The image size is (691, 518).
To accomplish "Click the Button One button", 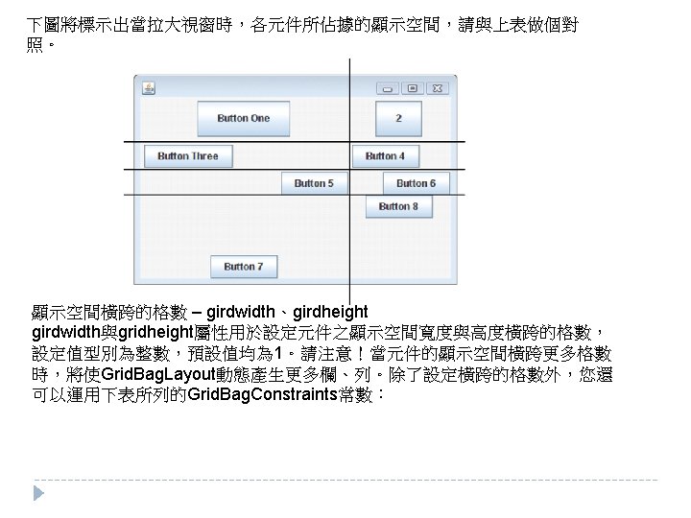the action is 243,118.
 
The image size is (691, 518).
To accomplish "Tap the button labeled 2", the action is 398,118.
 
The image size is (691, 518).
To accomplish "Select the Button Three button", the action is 188,156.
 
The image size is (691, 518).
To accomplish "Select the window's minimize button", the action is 388,88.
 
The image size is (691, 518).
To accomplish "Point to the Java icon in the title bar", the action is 149,88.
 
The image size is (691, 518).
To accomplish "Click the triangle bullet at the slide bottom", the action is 38,492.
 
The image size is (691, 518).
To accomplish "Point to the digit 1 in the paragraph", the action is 278,352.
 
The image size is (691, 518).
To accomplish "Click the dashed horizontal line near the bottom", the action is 345,479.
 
